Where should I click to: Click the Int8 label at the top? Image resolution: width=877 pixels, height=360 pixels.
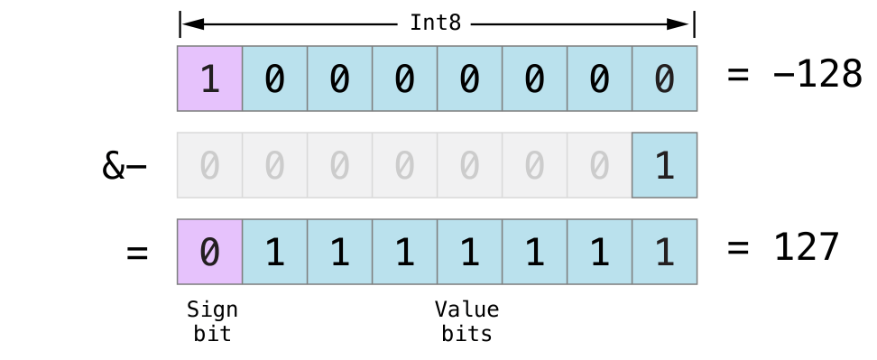(436, 23)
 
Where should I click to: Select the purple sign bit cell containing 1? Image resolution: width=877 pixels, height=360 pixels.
(210, 78)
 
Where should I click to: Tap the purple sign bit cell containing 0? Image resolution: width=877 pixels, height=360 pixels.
(210, 252)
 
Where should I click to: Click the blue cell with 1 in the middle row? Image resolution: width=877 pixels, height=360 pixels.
(665, 165)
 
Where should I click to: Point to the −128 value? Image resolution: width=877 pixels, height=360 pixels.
(817, 75)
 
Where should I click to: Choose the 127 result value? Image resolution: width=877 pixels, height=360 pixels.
(807, 247)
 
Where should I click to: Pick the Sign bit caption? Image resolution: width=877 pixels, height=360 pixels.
(212, 321)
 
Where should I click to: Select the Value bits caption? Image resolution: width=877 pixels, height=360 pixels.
(466, 321)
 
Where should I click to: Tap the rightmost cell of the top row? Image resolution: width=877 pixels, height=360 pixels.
(665, 78)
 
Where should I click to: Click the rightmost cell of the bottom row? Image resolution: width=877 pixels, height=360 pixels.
(665, 252)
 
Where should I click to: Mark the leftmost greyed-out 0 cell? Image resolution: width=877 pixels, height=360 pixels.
(210, 165)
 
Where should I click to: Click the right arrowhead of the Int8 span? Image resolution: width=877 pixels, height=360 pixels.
(683, 23)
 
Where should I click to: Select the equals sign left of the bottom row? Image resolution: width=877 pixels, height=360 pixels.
(136, 253)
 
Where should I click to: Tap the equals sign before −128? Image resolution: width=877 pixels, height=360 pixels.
(738, 75)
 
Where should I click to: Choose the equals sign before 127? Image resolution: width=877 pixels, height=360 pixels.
(738, 247)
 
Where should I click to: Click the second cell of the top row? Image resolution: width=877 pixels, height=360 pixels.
(275, 78)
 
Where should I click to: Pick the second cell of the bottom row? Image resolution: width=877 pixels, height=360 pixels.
(275, 252)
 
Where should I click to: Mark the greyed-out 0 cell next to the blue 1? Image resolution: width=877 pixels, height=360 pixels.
(600, 165)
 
